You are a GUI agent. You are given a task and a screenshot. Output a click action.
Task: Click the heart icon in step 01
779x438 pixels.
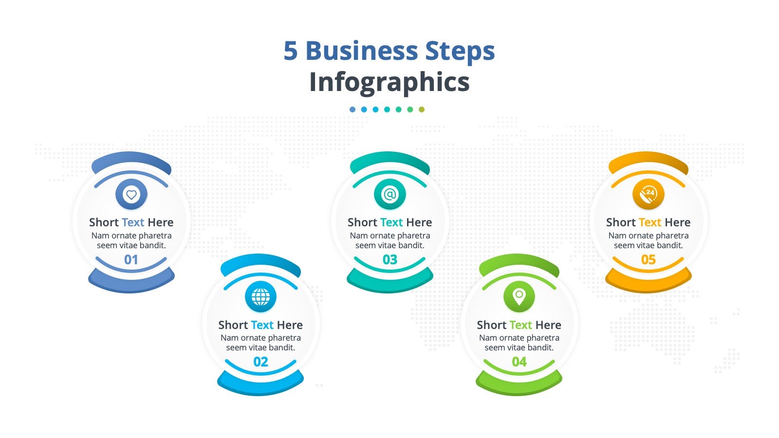(x=131, y=194)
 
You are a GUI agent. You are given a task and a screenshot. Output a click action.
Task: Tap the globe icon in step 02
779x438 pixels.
(x=260, y=296)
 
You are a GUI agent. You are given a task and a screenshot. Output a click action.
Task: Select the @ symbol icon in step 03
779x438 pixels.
(x=389, y=194)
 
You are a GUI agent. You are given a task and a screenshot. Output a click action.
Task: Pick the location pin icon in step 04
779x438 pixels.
(x=519, y=296)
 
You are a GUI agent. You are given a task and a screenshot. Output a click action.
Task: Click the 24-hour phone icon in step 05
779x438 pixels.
(x=648, y=194)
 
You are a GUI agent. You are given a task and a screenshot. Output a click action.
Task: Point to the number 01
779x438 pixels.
(x=131, y=260)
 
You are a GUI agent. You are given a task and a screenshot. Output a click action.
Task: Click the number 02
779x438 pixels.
(x=260, y=362)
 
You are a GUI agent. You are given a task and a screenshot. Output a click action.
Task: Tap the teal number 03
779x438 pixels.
(x=390, y=260)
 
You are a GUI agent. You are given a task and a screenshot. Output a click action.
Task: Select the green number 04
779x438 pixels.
(x=519, y=362)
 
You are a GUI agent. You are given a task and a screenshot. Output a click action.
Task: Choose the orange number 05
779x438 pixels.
(x=648, y=260)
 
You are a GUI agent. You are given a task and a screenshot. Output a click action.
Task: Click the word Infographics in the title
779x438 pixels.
(x=389, y=82)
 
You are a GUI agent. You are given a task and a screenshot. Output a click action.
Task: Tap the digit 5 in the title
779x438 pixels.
(x=291, y=51)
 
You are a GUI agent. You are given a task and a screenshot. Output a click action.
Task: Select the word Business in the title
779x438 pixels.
(x=361, y=51)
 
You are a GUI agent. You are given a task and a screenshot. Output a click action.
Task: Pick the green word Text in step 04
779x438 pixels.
(x=520, y=325)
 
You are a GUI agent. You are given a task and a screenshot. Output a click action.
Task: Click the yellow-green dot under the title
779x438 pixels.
(x=422, y=109)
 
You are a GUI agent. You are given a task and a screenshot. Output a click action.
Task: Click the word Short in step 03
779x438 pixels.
(x=362, y=222)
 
